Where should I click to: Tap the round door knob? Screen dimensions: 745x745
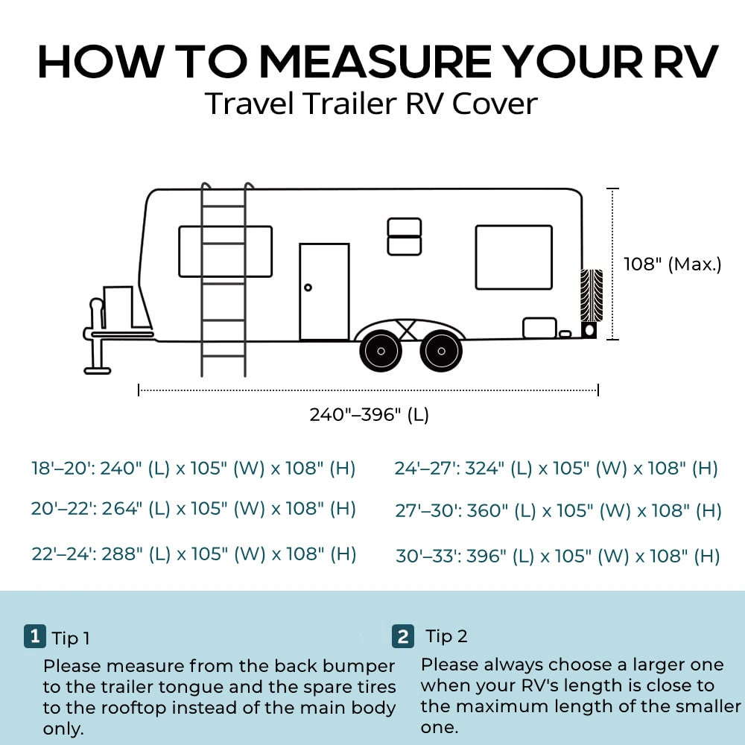click(308, 288)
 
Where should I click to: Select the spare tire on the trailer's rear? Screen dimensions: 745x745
click(592, 296)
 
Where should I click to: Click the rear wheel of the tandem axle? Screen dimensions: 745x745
click(441, 352)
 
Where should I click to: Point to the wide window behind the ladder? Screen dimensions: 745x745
click(225, 251)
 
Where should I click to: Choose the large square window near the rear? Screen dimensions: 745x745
click(514, 257)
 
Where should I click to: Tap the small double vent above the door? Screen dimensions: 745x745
click(405, 236)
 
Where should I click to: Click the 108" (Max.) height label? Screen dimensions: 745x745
click(673, 264)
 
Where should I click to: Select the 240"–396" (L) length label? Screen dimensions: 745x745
click(369, 414)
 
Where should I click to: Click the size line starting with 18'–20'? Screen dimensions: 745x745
click(193, 469)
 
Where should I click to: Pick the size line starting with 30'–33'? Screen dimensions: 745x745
click(557, 556)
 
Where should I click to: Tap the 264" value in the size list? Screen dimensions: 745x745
click(120, 509)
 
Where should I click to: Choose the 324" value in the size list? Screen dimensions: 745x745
click(484, 469)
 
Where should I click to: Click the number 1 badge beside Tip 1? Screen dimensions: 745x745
click(34, 636)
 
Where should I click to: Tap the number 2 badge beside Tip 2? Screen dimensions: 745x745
click(402, 636)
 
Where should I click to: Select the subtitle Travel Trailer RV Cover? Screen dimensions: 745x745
click(371, 104)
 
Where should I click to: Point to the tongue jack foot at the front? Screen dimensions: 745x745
click(97, 369)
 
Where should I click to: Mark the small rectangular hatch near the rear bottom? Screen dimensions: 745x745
click(539, 328)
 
